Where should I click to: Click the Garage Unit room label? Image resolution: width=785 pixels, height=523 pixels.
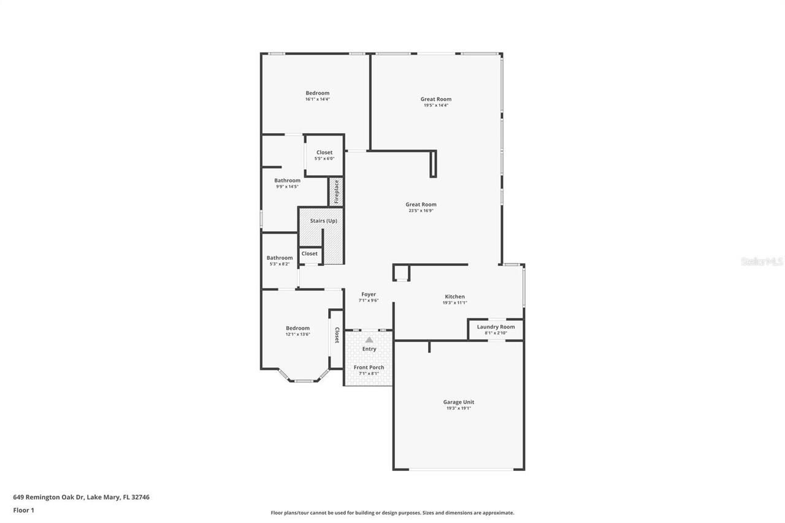click(x=458, y=402)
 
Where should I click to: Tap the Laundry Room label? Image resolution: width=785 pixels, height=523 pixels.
click(x=496, y=327)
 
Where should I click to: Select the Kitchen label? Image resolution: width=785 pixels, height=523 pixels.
click(x=454, y=297)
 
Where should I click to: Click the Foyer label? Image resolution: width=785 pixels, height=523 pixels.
click(x=368, y=294)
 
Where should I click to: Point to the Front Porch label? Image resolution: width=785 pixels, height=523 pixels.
click(x=369, y=367)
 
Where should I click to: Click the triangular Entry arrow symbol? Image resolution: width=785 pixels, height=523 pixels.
click(x=369, y=339)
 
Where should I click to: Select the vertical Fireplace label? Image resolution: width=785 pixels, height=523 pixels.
click(x=336, y=191)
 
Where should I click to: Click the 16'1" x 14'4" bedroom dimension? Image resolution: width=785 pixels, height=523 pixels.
click(x=318, y=99)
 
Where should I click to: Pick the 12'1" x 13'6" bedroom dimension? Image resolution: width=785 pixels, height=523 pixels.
click(x=297, y=334)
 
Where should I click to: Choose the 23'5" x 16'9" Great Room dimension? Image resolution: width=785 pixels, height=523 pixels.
click(x=421, y=211)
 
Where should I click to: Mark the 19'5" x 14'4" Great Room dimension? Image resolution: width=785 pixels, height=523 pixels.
click(x=435, y=105)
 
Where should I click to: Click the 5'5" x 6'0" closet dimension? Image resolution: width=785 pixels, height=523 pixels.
click(x=324, y=159)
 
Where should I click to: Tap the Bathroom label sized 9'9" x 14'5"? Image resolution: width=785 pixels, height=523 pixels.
click(x=287, y=180)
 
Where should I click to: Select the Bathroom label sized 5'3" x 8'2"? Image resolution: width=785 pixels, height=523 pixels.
click(x=279, y=258)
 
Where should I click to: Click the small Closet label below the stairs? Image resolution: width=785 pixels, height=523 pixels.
click(x=310, y=254)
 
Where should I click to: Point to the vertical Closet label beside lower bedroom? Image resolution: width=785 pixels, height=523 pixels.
click(x=337, y=335)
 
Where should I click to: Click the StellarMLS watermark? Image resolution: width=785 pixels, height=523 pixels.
click(x=762, y=261)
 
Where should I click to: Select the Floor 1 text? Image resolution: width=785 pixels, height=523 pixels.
click(x=23, y=510)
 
